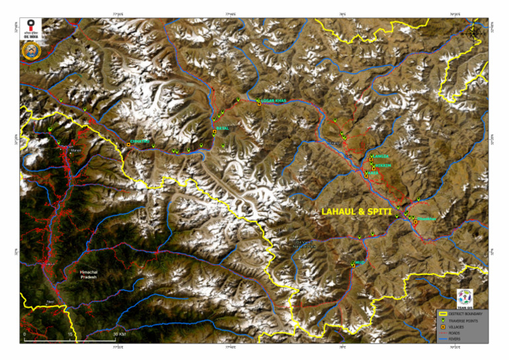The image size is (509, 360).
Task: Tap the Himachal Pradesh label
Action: click(88, 274)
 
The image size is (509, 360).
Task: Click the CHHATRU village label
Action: click(141, 141)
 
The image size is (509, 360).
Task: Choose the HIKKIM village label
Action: click(384, 165)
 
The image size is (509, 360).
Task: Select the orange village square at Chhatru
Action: click(128, 144)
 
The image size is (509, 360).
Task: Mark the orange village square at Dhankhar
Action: click(416, 223)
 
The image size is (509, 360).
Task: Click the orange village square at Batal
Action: click(215, 132)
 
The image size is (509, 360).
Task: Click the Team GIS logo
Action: click(465, 298)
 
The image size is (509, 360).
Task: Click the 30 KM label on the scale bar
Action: click(119, 333)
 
